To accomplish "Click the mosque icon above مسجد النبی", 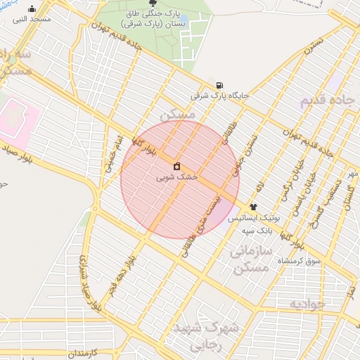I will coord(32,9).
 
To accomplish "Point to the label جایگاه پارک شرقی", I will coord(220,96).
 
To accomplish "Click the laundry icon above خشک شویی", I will coord(176,167).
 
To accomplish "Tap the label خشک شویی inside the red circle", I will coord(178,178).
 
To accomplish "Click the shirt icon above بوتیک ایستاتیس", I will coord(253,207).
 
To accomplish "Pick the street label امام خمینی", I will coord(113,150).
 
